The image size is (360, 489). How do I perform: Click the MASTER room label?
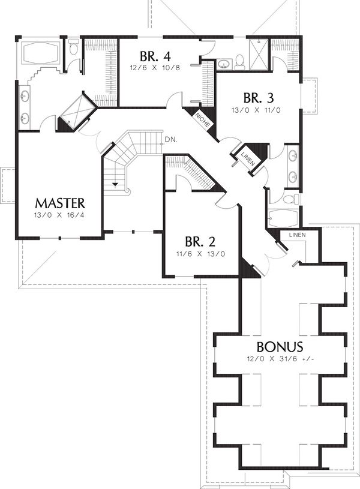click(59, 203)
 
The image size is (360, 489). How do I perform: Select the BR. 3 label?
click(258, 98)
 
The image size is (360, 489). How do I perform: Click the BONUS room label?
click(280, 347)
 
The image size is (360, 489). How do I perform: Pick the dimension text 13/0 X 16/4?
click(59, 215)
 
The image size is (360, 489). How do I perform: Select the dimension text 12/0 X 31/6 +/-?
click(280, 359)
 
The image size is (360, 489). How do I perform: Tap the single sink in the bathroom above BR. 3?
click(224, 62)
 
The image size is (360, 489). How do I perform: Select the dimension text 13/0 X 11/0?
click(258, 110)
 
